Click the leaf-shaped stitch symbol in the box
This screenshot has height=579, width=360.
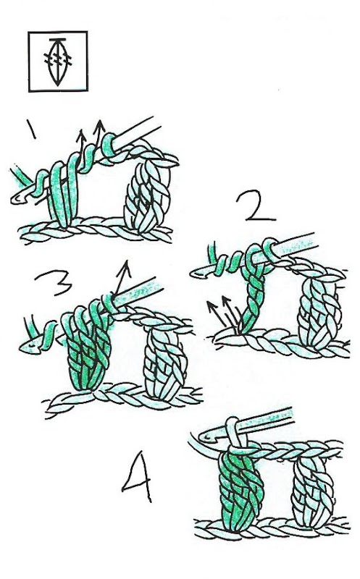point(58,62)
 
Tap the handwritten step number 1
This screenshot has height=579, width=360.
point(31,129)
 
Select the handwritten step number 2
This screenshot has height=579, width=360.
point(256,206)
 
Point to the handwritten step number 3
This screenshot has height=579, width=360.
point(54,282)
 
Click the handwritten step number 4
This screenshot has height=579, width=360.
point(137,476)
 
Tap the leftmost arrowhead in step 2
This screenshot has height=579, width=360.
point(210,305)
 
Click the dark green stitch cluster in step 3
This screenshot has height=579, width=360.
point(88,351)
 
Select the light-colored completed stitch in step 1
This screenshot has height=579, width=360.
point(148,195)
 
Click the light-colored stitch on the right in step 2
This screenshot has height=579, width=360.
point(320,314)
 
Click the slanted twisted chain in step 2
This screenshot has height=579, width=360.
point(253,295)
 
